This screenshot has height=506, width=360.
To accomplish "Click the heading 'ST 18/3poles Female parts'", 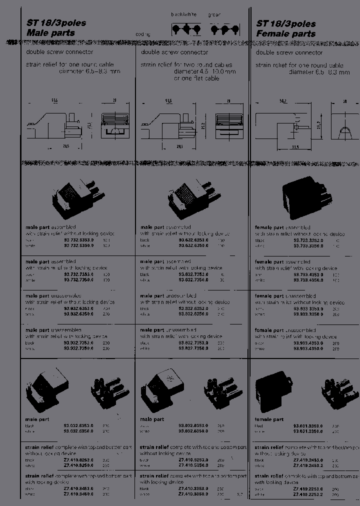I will point(286,28).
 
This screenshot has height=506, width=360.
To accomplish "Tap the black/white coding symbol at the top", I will point(185,29).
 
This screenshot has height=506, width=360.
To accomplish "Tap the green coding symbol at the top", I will point(222,29).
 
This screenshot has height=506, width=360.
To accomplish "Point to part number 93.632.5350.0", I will point(194,246).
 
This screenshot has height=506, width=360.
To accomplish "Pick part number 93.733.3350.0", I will point(308,246).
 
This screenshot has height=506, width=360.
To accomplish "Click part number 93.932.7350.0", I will point(79,348).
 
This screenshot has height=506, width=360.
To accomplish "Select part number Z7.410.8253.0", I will point(79,459).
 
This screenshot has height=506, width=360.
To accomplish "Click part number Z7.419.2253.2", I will point(308,494).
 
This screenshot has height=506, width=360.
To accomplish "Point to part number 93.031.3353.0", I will point(308,425).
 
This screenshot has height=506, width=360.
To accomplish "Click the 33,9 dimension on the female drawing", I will point(295,147).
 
